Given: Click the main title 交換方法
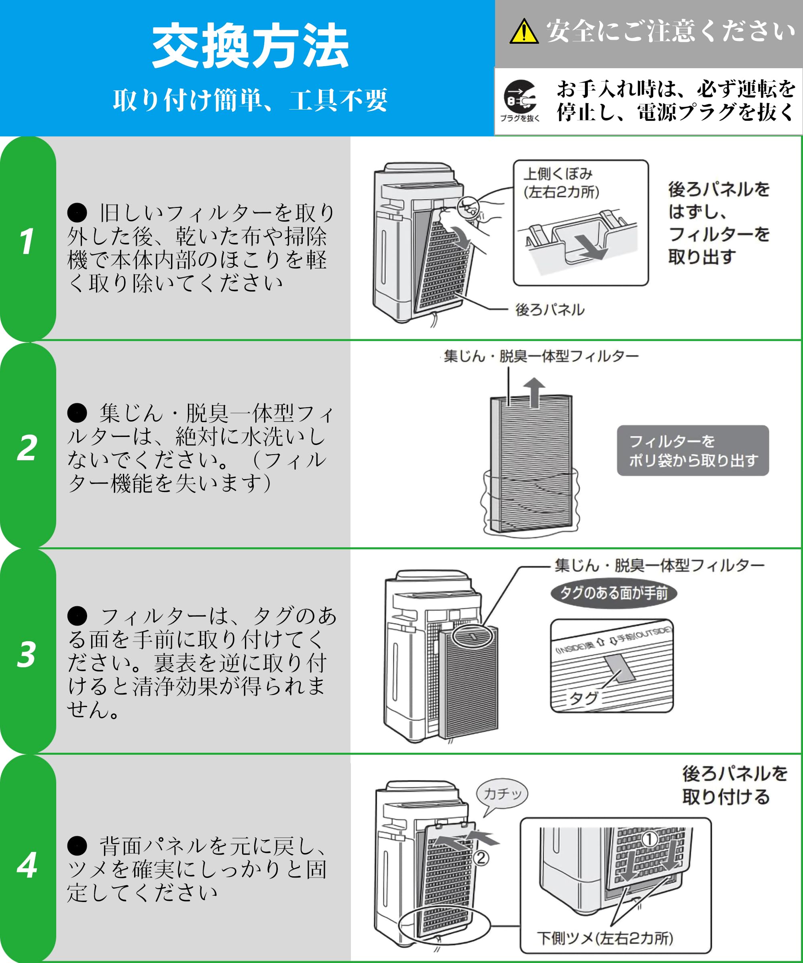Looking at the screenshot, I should pyautogui.click(x=250, y=46).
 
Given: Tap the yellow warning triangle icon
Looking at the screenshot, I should pyautogui.click(x=524, y=32).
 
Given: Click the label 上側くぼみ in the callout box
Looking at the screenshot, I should pyautogui.click(x=558, y=174).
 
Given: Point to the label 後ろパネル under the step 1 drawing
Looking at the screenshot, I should pyautogui.click(x=550, y=309).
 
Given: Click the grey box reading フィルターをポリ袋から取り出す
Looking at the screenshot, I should pyautogui.click(x=693, y=450).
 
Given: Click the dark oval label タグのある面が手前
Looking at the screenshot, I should pyautogui.click(x=613, y=593).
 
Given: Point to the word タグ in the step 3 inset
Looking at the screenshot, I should pyautogui.click(x=583, y=697).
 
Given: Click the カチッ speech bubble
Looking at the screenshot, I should pyautogui.click(x=502, y=793).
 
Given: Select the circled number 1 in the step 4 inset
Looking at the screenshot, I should pyautogui.click(x=649, y=839).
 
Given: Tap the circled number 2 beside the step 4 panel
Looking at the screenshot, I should pyautogui.click(x=481, y=857).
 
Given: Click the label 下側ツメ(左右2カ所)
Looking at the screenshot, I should pyautogui.click(x=605, y=938).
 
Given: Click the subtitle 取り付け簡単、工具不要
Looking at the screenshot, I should pyautogui.click(x=250, y=100).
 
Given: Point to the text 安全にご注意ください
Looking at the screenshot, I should pyautogui.click(x=670, y=32).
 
